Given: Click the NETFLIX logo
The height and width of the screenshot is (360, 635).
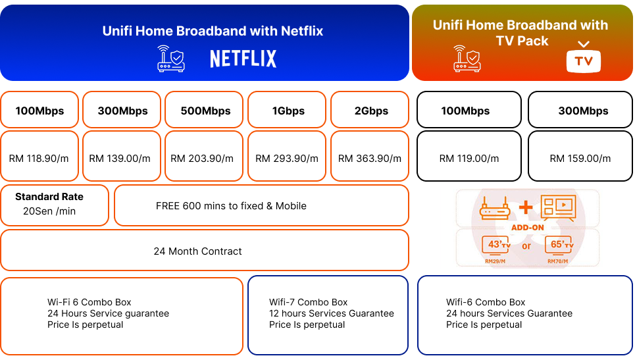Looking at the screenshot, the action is (x=243, y=59).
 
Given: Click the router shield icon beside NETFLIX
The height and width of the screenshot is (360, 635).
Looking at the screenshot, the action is (x=171, y=59).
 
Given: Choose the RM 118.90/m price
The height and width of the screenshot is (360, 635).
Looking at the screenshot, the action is (x=39, y=159).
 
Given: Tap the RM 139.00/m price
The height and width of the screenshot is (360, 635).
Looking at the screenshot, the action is (x=120, y=159).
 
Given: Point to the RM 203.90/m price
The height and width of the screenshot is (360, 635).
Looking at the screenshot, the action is (x=202, y=159).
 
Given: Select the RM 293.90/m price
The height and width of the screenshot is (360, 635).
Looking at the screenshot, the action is (x=287, y=159).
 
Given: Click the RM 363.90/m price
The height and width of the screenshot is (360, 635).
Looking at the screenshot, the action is (x=370, y=159).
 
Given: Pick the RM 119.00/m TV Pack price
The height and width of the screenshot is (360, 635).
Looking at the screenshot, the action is (x=469, y=159).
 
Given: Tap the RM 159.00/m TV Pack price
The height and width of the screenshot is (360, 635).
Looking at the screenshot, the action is (x=580, y=159).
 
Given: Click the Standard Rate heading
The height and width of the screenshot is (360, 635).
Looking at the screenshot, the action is (x=49, y=197).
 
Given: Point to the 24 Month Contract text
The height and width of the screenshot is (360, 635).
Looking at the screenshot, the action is (x=197, y=251).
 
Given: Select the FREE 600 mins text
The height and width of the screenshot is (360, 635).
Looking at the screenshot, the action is (x=231, y=206).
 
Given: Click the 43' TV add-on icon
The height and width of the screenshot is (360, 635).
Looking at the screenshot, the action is (x=495, y=245).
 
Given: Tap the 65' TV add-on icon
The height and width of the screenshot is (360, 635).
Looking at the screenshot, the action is (x=560, y=245).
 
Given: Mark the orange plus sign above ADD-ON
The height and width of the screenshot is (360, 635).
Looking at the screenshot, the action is (x=526, y=207).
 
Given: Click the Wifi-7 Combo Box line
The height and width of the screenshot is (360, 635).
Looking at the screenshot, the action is (x=308, y=302).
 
